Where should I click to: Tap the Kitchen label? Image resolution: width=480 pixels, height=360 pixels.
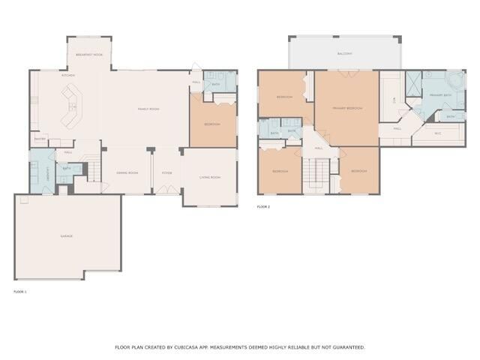click(x=67, y=75)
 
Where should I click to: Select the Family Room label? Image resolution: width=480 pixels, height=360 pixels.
click(x=148, y=109)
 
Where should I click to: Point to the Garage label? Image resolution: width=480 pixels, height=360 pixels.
click(x=67, y=236)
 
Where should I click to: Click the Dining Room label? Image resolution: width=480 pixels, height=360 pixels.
click(x=127, y=173)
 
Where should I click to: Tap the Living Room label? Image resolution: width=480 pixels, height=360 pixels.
click(x=209, y=177)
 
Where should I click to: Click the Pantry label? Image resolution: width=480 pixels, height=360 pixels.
click(x=40, y=139)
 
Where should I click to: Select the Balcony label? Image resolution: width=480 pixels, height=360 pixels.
click(x=344, y=54)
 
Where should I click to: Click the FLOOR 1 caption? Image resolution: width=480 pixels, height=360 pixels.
click(x=20, y=291)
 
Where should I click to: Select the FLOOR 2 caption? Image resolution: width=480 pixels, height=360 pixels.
click(x=263, y=206)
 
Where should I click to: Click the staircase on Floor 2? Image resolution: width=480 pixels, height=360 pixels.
click(x=314, y=176)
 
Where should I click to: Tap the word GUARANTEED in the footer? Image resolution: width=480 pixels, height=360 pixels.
click(x=349, y=347)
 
